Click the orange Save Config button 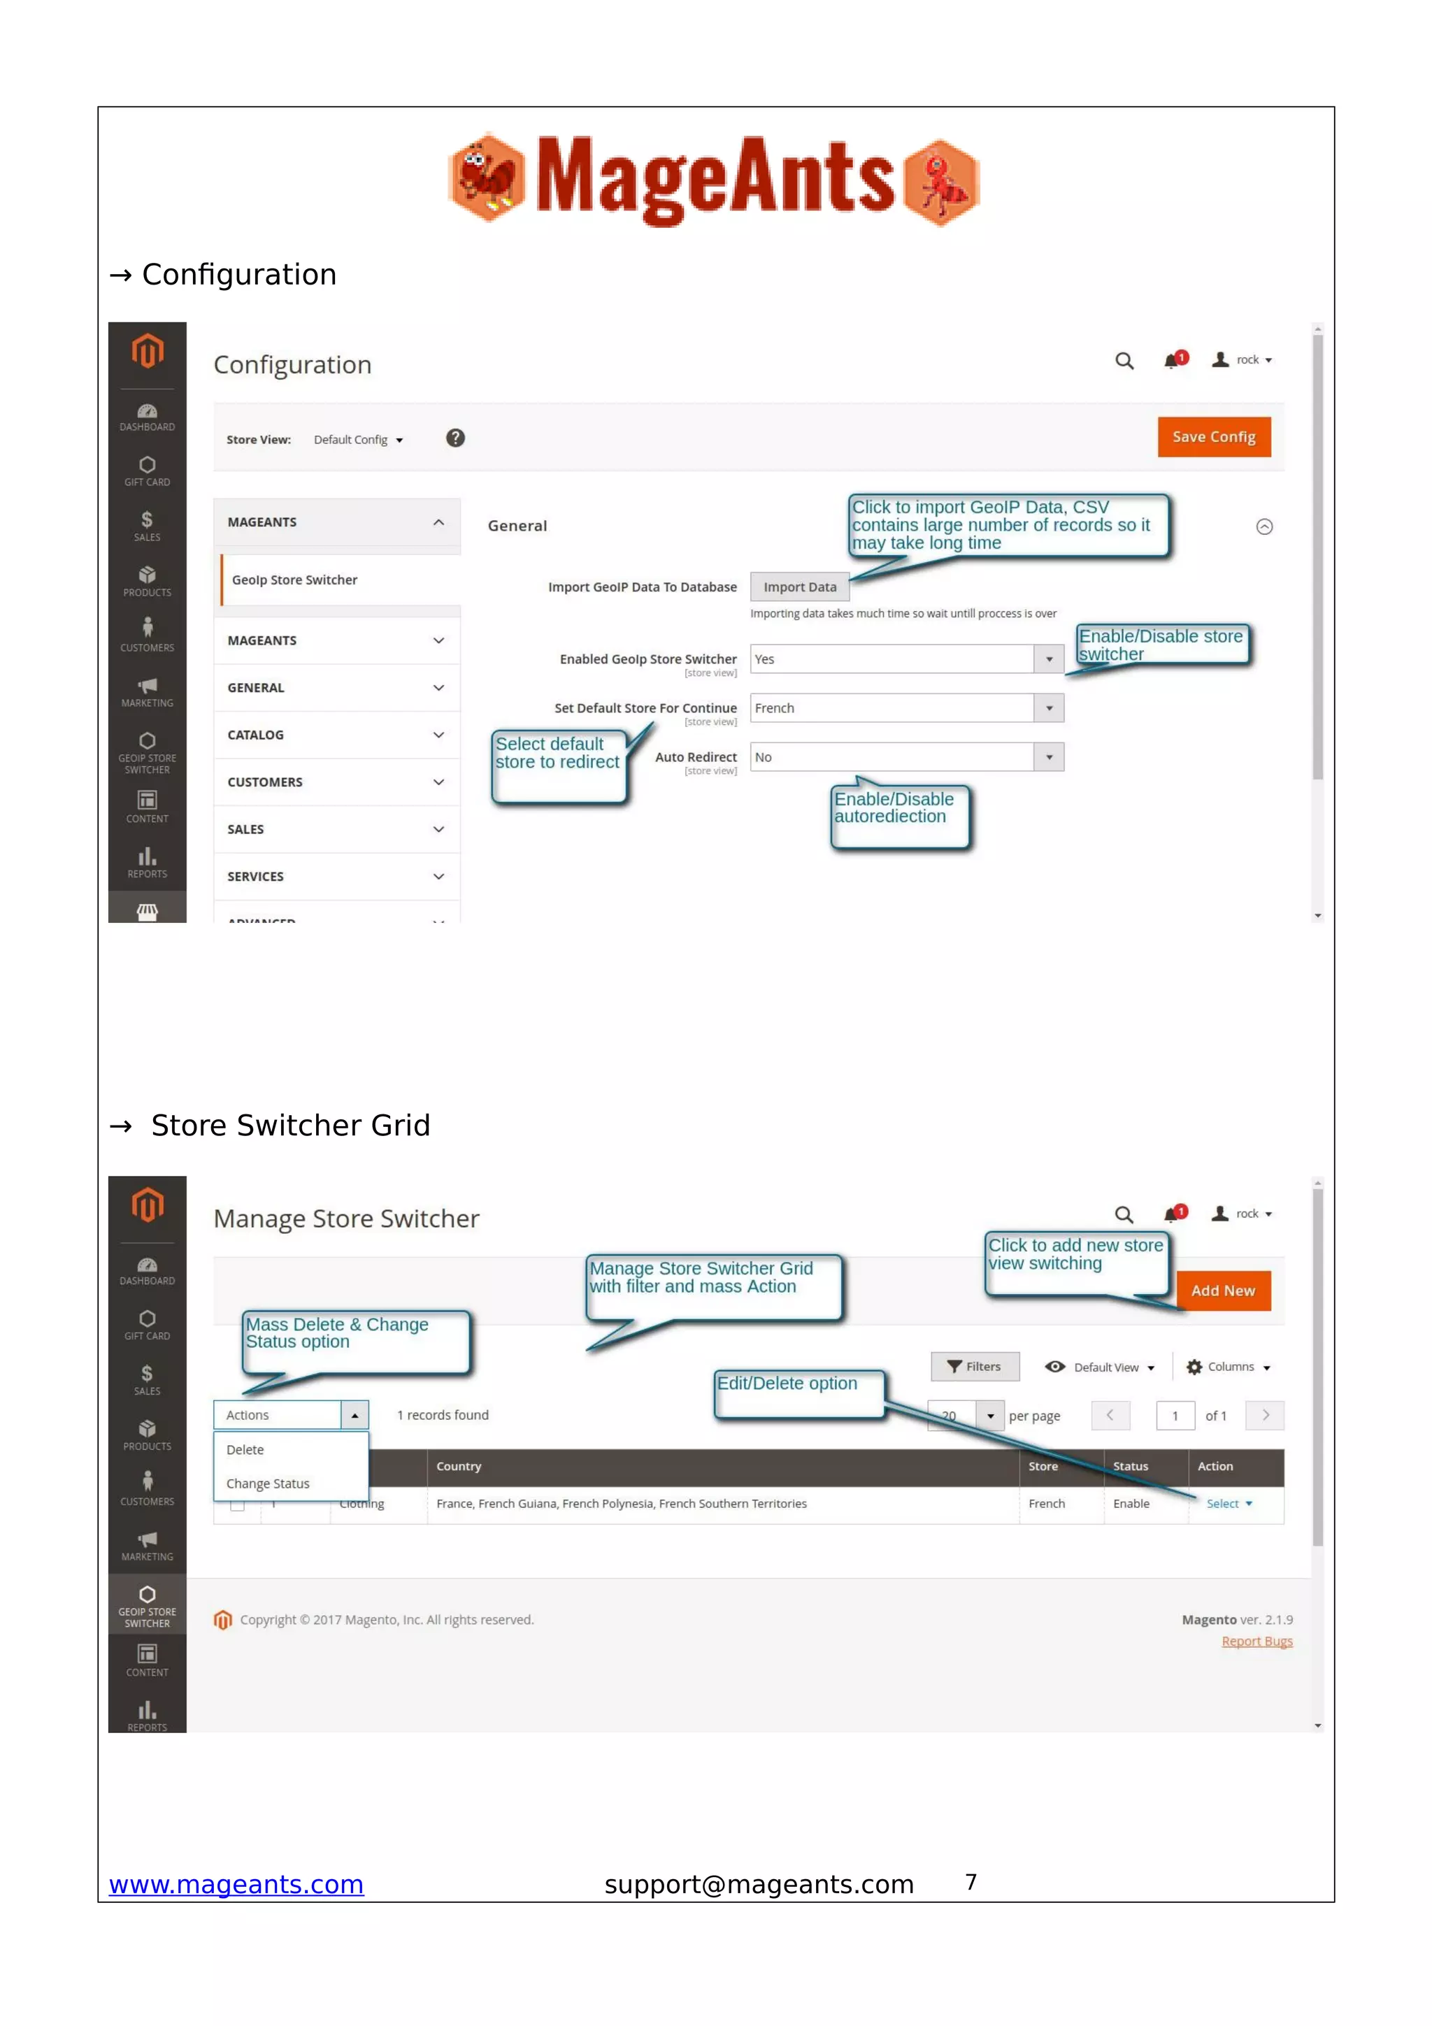click(x=1213, y=437)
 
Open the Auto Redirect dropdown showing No click(x=906, y=757)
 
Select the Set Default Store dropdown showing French click(x=906, y=707)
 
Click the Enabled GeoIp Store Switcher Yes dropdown click(x=906, y=659)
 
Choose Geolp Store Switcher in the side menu click(x=294, y=580)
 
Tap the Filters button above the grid click(x=974, y=1366)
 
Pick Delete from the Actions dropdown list click(x=245, y=1450)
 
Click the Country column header click(x=459, y=1467)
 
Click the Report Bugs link click(x=1256, y=1641)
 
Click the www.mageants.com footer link click(x=236, y=1884)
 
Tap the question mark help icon click(x=455, y=438)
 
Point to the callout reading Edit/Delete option click(x=787, y=1384)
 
